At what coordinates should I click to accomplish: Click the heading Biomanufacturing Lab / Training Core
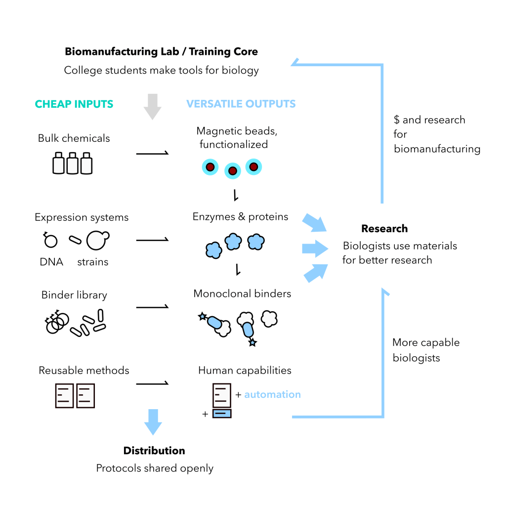pos(161,51)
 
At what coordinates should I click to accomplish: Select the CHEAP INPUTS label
pos(74,104)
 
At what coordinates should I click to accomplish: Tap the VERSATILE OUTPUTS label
pos(241,104)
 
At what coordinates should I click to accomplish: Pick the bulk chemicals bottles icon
pos(73,164)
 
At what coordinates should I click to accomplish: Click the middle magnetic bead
pos(232,171)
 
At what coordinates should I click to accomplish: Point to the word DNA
pos(51,262)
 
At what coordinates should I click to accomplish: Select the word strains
pos(92,262)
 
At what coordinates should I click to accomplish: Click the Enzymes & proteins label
pos(241,216)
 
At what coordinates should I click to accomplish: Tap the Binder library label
pos(74,295)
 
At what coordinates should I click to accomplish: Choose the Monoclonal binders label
pos(242,294)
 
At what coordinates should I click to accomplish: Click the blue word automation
pos(272,394)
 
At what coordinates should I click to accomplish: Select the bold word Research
pos(384,228)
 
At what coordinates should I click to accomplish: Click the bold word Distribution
pos(154,450)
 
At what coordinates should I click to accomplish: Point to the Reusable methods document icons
pos(75,395)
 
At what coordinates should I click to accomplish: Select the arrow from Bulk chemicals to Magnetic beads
pos(152,154)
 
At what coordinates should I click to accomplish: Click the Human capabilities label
pos(245,370)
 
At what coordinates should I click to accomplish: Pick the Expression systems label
pos(82,217)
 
